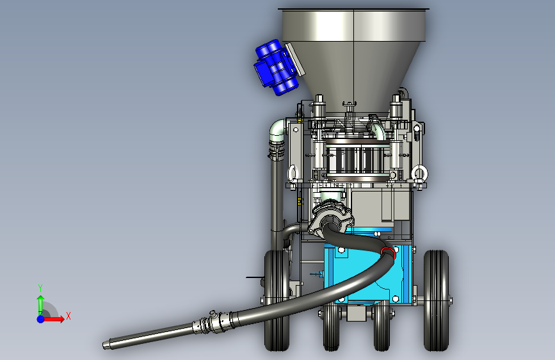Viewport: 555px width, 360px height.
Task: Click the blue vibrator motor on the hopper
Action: click(x=275, y=67)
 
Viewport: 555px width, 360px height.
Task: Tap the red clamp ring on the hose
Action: click(x=388, y=252)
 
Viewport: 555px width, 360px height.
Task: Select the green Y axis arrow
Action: click(x=40, y=305)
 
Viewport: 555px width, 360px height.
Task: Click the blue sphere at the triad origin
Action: click(x=40, y=319)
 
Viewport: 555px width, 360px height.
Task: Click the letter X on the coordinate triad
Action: click(x=68, y=316)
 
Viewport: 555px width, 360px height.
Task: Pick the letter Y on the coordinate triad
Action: click(x=40, y=288)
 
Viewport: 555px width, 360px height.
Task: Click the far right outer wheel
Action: click(x=436, y=300)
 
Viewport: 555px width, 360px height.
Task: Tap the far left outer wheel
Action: click(x=277, y=300)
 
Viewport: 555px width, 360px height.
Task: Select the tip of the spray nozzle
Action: click(x=104, y=345)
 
